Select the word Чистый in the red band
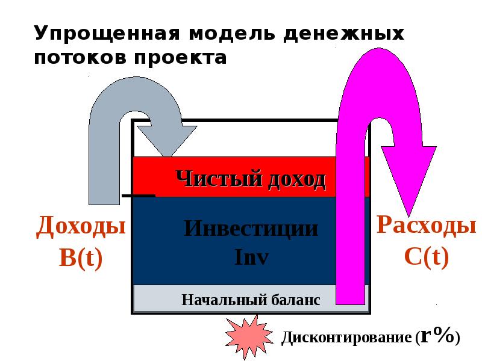pos(210,178)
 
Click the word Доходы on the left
pos(81,227)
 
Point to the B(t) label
pos(81,258)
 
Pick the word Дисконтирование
pos(346,338)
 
